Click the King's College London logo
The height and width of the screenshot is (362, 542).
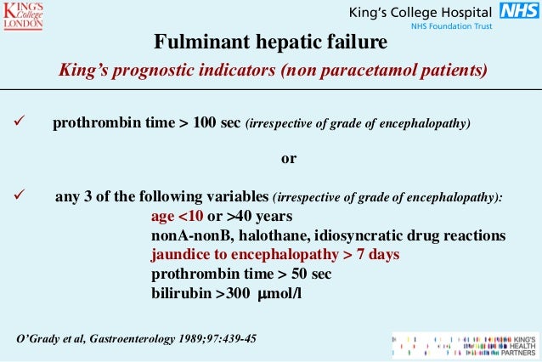coord(25,17)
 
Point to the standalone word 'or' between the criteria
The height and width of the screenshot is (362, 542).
coord(289,160)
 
